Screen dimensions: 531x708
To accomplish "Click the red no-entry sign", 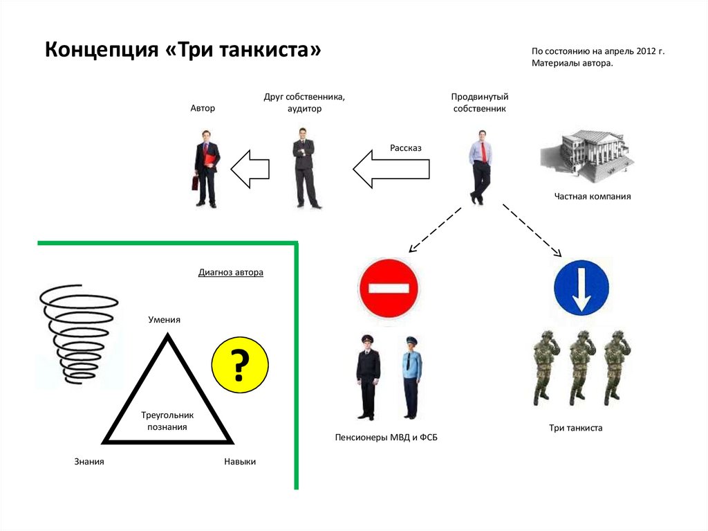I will point(388,287).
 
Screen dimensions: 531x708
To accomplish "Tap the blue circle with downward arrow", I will point(581,288).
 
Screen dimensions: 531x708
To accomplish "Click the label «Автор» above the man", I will point(203,109).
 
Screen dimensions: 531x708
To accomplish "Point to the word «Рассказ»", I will point(405,147).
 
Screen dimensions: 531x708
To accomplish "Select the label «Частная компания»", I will point(592,197).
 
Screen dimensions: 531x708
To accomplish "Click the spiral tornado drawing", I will point(78,333).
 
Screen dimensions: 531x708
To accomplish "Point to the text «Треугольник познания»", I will point(167,421).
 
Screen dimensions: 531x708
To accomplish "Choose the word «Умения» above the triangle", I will point(165,319).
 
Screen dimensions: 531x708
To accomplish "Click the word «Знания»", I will point(89,461).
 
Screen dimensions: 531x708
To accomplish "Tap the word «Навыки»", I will point(240,461).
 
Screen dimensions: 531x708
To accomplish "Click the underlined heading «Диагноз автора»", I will point(231,273).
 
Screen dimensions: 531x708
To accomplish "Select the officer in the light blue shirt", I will point(412,377).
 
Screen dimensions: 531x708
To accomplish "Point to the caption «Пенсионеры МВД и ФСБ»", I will point(386,438).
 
